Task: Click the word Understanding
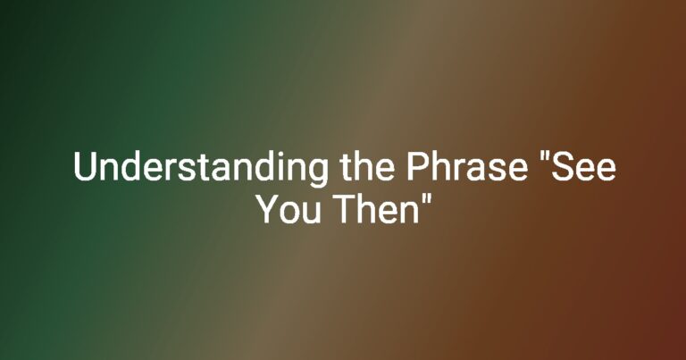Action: [200, 169]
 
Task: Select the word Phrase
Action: [466, 166]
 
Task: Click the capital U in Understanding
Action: [85, 167]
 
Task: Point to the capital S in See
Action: [562, 166]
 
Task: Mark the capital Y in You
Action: [268, 210]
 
